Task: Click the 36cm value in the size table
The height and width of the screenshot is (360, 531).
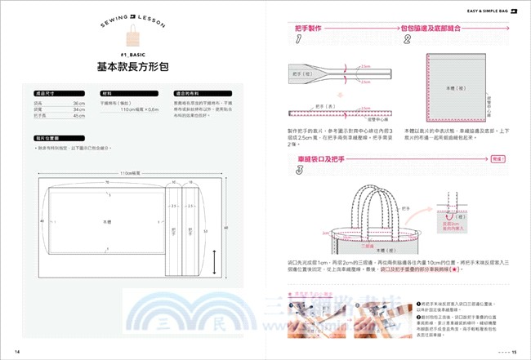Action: (x=79, y=104)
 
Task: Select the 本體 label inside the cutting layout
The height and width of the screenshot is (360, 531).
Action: (x=109, y=221)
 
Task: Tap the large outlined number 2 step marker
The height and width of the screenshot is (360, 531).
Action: (x=407, y=38)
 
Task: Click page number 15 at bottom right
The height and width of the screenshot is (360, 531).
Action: (x=515, y=352)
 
